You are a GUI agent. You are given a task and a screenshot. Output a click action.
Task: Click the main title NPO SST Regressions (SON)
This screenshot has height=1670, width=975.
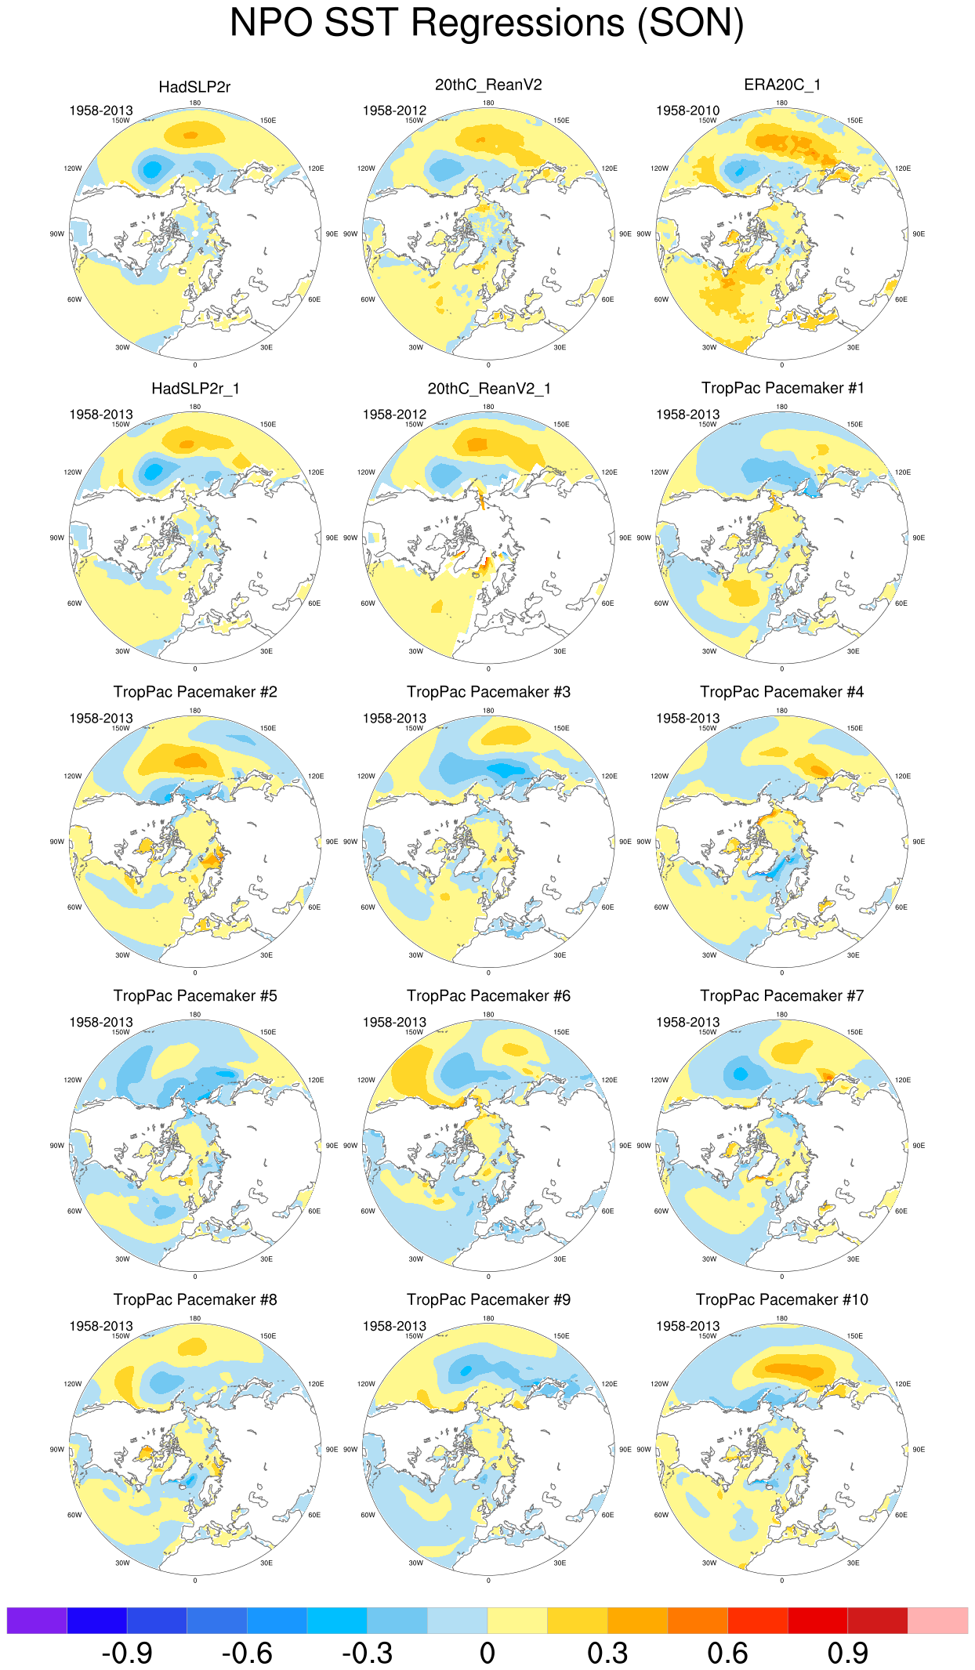pyautogui.click(x=487, y=24)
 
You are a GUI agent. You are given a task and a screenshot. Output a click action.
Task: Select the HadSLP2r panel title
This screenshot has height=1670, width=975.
pyautogui.click(x=194, y=87)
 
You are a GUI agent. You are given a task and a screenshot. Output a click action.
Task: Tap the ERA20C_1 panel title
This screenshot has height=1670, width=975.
pyautogui.click(x=782, y=85)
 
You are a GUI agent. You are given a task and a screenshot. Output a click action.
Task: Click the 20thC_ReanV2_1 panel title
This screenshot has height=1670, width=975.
pyautogui.click(x=489, y=389)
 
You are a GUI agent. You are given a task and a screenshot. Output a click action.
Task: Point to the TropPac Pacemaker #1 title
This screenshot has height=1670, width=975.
pyautogui.click(x=782, y=388)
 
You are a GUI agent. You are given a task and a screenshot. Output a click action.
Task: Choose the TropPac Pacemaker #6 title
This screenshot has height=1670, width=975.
pyautogui.click(x=488, y=996)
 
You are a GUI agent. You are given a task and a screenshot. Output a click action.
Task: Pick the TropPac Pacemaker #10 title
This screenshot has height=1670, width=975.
pyautogui.click(x=782, y=1300)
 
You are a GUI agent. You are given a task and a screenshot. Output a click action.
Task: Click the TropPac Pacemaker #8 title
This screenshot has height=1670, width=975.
pyautogui.click(x=195, y=1300)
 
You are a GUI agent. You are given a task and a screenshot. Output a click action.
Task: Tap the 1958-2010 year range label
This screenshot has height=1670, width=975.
pyautogui.click(x=687, y=110)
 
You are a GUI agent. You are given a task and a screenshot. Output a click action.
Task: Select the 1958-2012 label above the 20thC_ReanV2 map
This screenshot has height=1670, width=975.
pyautogui.click(x=394, y=110)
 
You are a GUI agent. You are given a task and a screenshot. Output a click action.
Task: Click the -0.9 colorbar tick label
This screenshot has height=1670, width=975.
pyautogui.click(x=127, y=1654)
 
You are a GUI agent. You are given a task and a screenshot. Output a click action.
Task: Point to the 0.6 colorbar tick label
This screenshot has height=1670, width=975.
pyautogui.click(x=727, y=1654)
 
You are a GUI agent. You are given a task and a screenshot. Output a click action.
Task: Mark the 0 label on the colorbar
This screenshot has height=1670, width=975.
pyautogui.click(x=487, y=1654)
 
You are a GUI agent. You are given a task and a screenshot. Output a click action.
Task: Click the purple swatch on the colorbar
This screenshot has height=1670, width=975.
pyautogui.click(x=37, y=1621)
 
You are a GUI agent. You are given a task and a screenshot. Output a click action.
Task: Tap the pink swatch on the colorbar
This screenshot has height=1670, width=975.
pyautogui.click(x=937, y=1621)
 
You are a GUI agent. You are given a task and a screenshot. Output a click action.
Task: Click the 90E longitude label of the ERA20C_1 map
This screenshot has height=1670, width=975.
pyautogui.click(x=919, y=234)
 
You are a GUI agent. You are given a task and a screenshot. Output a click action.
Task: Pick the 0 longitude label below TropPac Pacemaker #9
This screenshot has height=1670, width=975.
pyautogui.click(x=488, y=1581)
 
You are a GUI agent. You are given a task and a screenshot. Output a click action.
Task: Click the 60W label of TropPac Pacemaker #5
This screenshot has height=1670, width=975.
pyautogui.click(x=74, y=1212)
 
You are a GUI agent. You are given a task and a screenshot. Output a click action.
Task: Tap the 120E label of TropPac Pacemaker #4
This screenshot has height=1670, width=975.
pyautogui.click(x=903, y=777)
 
